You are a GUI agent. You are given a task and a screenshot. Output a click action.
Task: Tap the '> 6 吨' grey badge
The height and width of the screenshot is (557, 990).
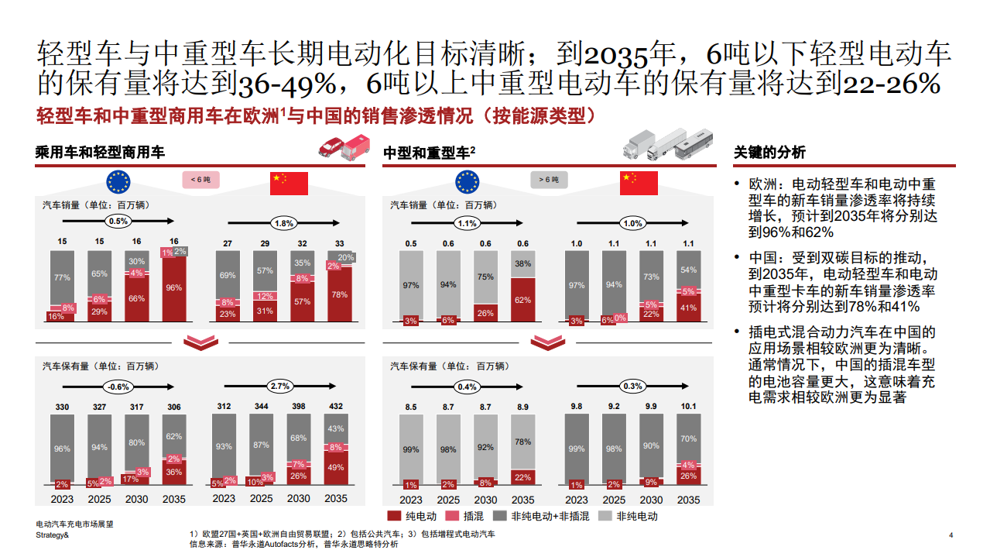549,180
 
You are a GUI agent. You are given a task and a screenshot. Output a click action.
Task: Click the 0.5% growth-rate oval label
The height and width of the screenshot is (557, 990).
118,222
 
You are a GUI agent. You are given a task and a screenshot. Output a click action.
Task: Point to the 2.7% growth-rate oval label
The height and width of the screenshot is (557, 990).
279,385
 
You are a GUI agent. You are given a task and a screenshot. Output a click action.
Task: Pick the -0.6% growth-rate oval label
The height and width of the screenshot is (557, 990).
118,386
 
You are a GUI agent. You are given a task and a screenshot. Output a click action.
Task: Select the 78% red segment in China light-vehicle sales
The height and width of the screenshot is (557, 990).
340,294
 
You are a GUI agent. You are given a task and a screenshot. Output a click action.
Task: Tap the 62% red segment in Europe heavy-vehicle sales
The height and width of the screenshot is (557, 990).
522,300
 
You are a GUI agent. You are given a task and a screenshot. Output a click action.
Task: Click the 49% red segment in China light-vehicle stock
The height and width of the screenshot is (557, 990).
336,467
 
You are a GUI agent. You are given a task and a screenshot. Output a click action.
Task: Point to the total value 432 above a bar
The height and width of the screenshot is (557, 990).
336,406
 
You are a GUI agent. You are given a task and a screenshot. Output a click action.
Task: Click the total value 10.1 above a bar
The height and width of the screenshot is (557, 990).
688,406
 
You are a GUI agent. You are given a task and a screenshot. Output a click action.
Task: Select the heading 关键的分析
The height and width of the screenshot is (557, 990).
769,153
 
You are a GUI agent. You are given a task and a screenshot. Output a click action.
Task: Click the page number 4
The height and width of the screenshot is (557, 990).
951,535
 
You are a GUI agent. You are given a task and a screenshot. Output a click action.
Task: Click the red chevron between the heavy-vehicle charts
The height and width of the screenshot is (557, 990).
548,342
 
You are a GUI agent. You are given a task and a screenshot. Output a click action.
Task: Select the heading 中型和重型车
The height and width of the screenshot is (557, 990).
426,153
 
